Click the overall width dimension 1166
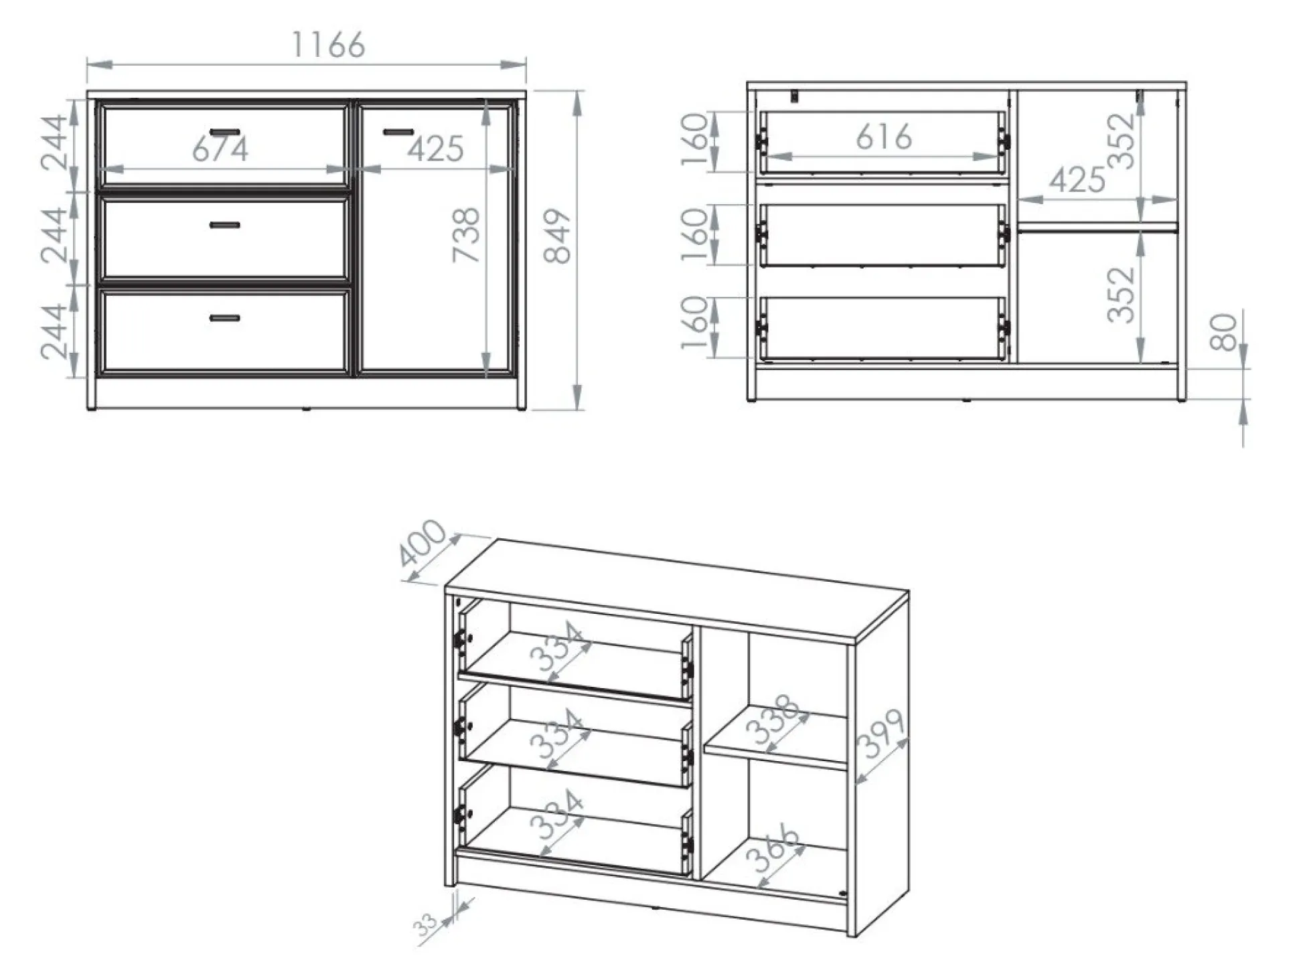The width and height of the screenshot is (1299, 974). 328,45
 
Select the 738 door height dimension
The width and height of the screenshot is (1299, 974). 466,235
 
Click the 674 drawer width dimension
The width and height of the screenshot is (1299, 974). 220,149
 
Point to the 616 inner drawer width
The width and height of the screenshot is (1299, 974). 884,137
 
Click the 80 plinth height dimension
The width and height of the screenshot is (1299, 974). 1224,332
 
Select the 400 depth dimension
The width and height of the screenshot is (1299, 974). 422,542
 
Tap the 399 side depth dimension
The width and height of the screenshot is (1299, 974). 881,734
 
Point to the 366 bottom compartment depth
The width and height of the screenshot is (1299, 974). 773,848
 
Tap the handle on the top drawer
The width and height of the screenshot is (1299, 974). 224,133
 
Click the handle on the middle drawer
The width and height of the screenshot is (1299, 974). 224,225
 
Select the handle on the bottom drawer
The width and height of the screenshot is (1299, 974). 224,318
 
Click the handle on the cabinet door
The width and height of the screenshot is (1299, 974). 398,132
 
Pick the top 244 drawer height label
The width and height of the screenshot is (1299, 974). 55,143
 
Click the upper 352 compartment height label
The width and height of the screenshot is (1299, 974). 1122,141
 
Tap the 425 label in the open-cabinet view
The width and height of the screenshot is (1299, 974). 1077,179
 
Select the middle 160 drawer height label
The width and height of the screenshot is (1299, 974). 694,235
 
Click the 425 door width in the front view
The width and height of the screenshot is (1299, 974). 435,149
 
